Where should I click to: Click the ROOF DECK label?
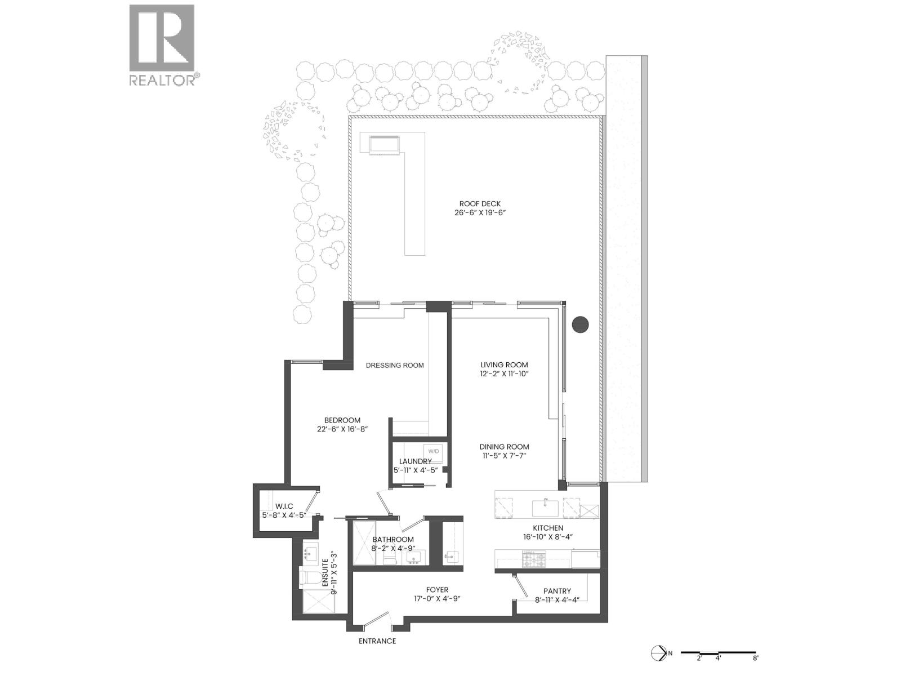click(x=480, y=204)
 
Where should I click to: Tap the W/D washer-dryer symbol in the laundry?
click(x=434, y=451)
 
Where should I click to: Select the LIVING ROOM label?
click(x=504, y=364)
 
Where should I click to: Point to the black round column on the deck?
click(x=580, y=324)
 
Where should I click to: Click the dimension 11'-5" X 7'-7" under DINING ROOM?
click(x=504, y=455)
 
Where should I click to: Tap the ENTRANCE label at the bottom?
click(x=377, y=641)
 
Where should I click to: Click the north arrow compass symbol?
click(x=658, y=653)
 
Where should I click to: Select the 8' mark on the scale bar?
click(x=755, y=657)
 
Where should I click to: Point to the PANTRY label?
click(x=557, y=591)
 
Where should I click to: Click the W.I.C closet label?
click(x=284, y=506)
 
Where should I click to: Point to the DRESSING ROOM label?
click(x=395, y=365)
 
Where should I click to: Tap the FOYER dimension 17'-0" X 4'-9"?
click(x=437, y=599)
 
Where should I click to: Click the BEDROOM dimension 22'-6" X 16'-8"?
click(x=342, y=429)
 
